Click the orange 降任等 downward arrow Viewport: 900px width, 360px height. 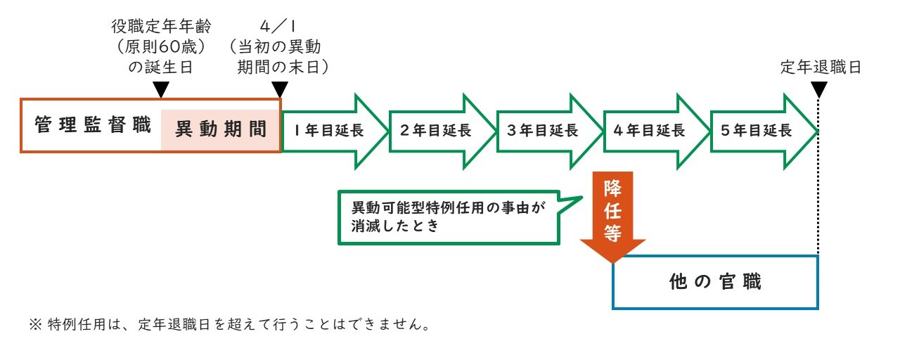tap(612, 214)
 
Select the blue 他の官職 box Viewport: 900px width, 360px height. tap(715, 282)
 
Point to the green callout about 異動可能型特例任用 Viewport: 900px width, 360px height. tap(450, 217)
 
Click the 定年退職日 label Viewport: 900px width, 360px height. tap(821, 67)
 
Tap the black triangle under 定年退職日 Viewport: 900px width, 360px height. tap(819, 90)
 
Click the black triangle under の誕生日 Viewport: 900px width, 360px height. tap(161, 90)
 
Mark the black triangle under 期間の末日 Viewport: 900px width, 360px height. tap(280, 90)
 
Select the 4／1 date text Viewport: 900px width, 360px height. tap(279, 27)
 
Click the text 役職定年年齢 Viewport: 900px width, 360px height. tap(161, 27)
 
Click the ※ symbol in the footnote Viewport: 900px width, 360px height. tap(36, 325)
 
